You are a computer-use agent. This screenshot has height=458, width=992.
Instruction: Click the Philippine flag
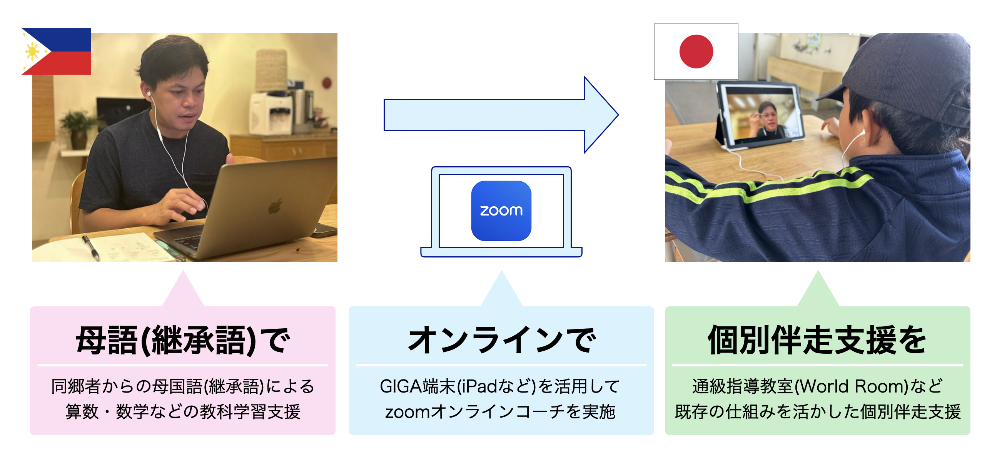pos(56,51)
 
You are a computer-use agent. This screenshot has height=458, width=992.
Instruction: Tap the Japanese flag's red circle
pos(696,52)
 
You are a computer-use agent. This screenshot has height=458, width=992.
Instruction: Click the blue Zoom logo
pos(501,211)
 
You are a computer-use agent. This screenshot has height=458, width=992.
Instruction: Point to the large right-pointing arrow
pos(501,115)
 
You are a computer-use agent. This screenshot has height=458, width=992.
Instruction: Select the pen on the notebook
pos(91,247)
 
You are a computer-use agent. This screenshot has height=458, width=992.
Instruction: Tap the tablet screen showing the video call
pos(761,115)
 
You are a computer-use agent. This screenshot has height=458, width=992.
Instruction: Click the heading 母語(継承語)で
pos(182,340)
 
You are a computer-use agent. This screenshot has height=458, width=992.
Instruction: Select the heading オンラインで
pos(501,340)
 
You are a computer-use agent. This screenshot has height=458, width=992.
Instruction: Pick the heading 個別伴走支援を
pos(817,340)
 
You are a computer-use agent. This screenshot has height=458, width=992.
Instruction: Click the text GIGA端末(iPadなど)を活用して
pos(500,386)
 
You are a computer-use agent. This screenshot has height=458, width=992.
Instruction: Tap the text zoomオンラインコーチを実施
pos(500,411)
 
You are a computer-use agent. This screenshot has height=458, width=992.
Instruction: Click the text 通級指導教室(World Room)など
pos(817,386)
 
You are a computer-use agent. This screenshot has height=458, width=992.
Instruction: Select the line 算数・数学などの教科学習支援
pos(182,411)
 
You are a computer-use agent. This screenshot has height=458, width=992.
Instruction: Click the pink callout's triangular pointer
pos(183,289)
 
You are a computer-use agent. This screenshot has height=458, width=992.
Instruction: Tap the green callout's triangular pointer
pos(818,289)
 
